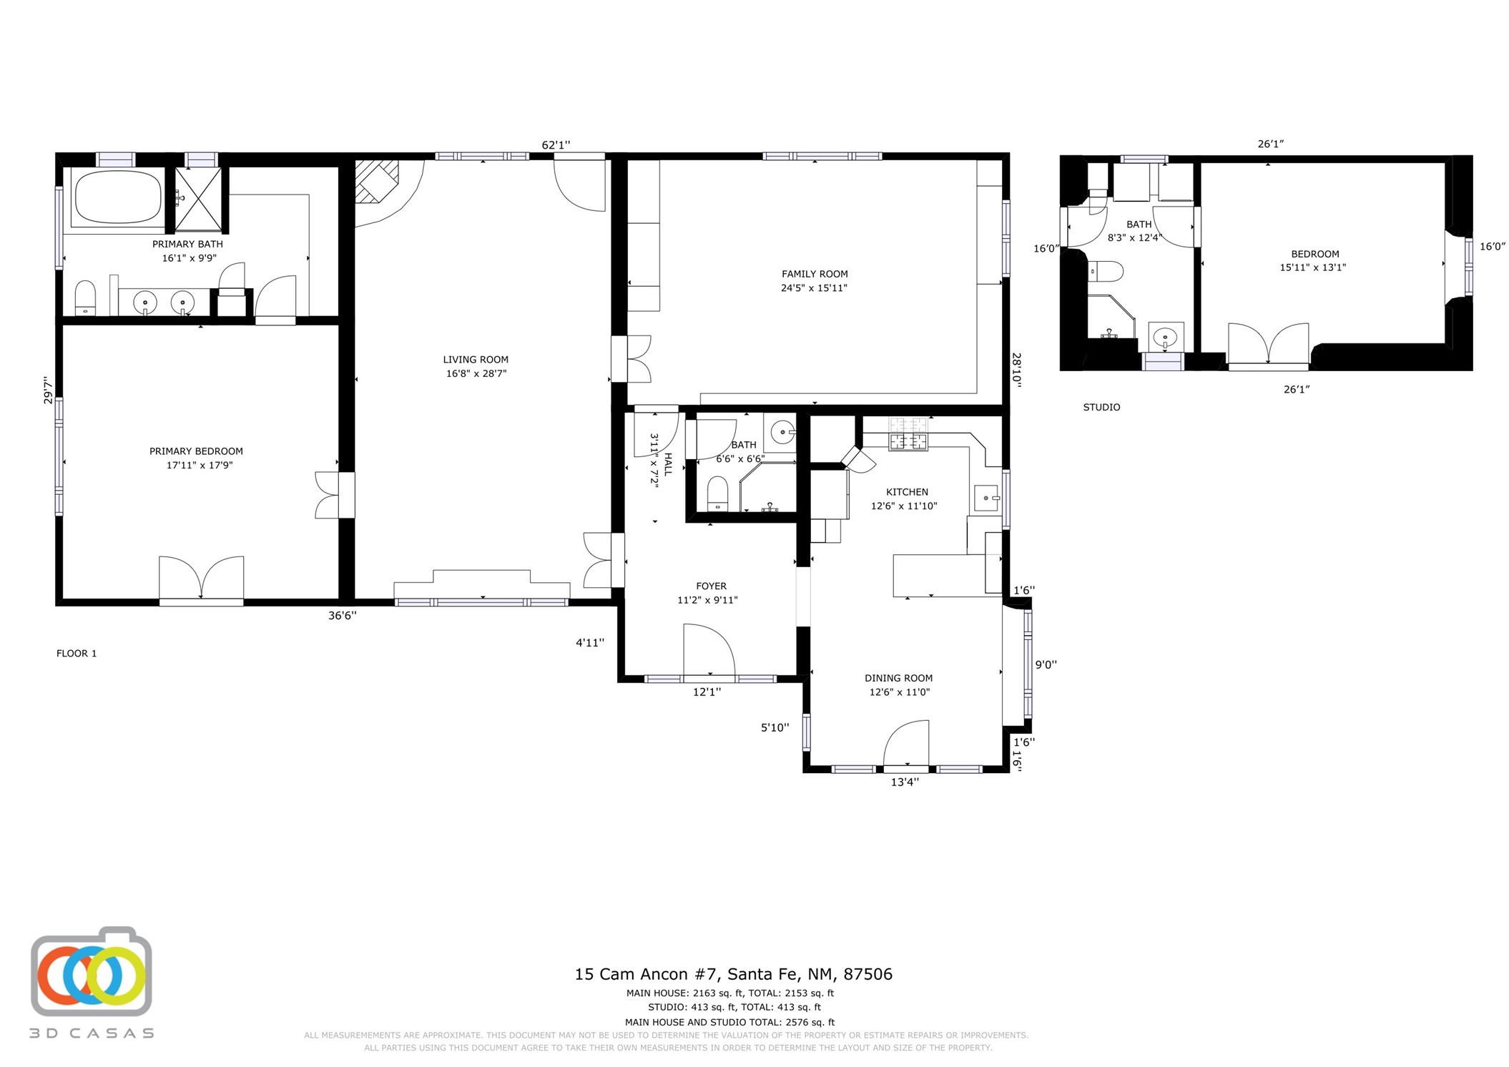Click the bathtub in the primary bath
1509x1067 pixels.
[x=118, y=197]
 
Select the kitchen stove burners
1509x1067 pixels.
[x=908, y=434]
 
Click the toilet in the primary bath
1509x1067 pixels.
[x=85, y=298]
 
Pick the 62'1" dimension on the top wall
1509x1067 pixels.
[x=556, y=145]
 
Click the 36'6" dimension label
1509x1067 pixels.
[x=343, y=615]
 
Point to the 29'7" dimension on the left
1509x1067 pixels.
[x=49, y=390]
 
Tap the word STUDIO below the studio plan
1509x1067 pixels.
[x=1101, y=407]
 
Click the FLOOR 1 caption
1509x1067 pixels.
[x=77, y=653]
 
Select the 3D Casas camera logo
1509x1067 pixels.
[x=92, y=973]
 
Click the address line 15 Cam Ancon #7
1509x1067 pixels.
[x=734, y=974]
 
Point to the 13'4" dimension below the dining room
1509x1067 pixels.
[x=905, y=782]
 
